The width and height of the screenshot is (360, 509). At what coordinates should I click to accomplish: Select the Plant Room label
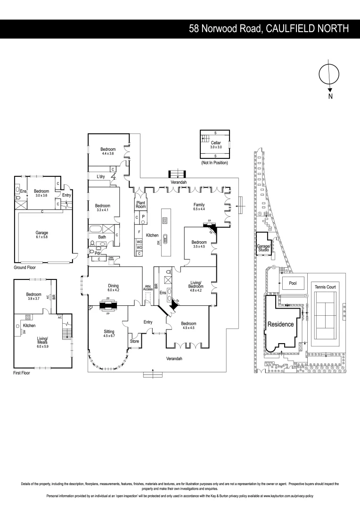(141, 204)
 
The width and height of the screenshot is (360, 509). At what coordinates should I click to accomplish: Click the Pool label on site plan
(289, 284)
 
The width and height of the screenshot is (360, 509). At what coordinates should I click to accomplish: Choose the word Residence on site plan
(280, 324)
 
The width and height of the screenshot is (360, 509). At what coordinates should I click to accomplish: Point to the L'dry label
(100, 176)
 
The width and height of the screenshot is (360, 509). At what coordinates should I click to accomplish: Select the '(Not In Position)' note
(214, 163)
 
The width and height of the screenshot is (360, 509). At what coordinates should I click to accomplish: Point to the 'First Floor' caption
(23, 372)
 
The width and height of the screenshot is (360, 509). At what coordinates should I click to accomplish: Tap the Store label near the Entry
(134, 341)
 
